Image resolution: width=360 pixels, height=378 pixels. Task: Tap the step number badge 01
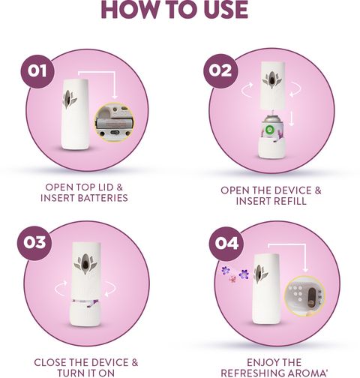point(37,71)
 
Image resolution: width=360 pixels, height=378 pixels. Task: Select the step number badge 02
point(220,71)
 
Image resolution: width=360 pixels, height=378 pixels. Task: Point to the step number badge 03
point(34,243)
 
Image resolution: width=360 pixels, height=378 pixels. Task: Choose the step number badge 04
point(226,244)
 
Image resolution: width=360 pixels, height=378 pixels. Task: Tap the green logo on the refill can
point(270,130)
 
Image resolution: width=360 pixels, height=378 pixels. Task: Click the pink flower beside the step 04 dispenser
point(232,279)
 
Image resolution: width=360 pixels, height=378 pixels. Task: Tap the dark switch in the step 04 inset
point(312,297)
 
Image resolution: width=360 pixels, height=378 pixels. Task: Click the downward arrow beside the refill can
point(291,118)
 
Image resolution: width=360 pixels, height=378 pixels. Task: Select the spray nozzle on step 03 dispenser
point(85,264)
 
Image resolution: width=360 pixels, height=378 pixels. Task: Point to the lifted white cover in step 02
point(272,85)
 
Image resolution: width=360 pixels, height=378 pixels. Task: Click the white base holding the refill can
point(271,148)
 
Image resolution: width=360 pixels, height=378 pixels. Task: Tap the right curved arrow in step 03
point(110,289)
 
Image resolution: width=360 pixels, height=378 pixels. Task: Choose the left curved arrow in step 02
point(247,90)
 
